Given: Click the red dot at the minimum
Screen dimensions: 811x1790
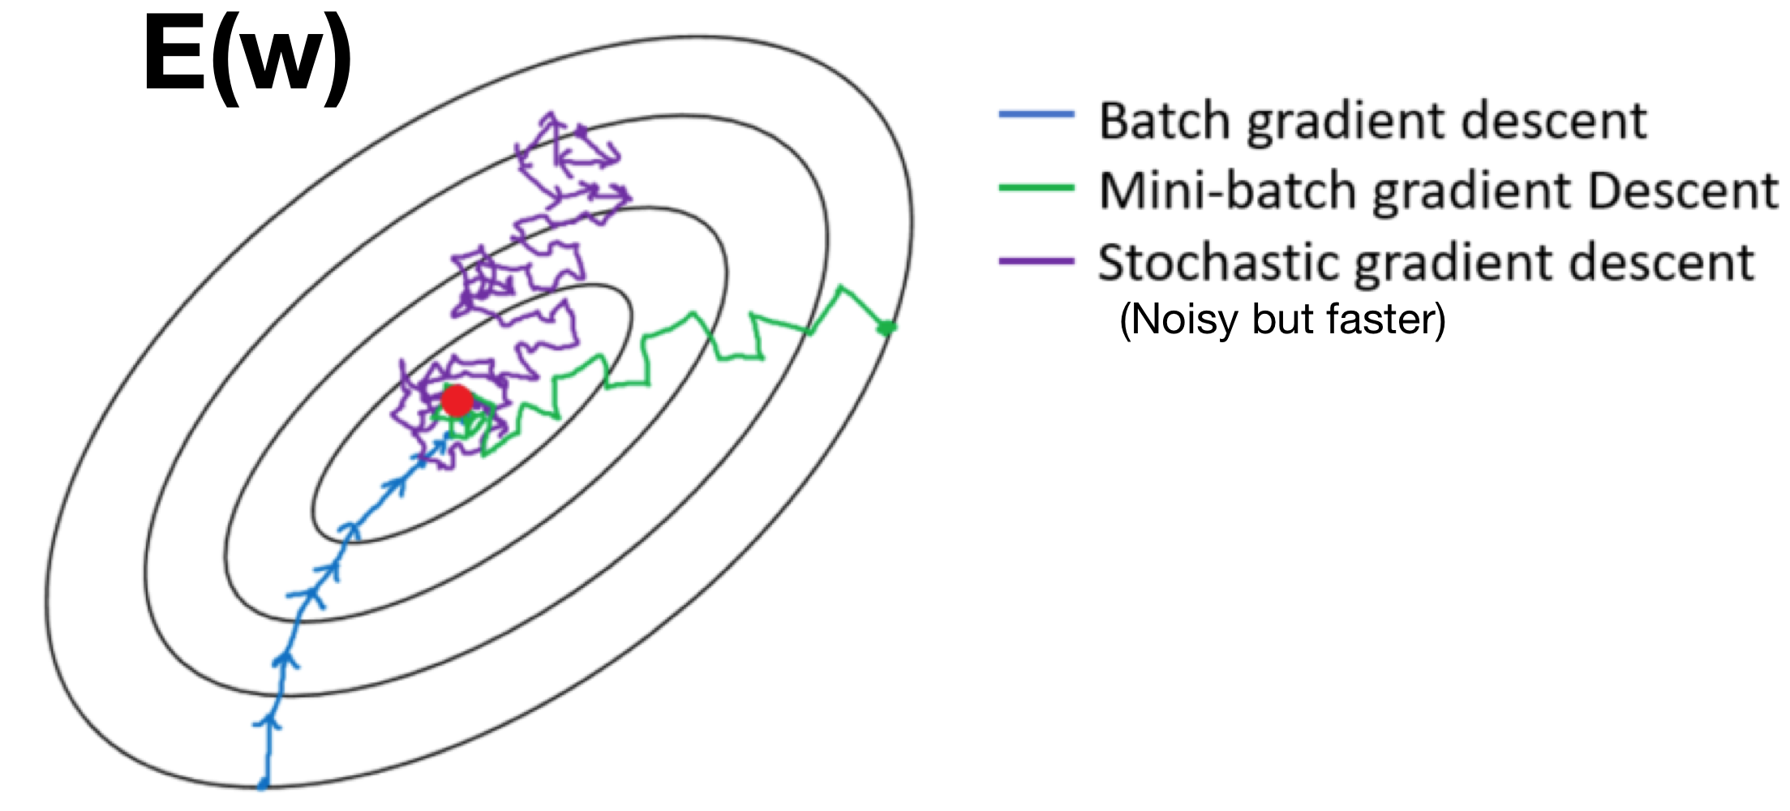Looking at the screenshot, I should click(457, 401).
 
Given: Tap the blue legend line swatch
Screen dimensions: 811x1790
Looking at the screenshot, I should click(1037, 115).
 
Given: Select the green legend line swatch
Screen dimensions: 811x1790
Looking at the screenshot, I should click(1037, 187).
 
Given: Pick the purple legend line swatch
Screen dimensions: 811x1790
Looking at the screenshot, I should click(1037, 260).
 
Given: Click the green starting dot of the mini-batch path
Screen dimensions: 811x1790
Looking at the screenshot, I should click(887, 328).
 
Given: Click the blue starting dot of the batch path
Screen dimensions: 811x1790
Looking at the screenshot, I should click(263, 784).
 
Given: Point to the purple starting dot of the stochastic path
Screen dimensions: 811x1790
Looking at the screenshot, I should click(581, 130).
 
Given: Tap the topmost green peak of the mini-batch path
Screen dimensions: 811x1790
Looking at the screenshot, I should click(842, 287).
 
